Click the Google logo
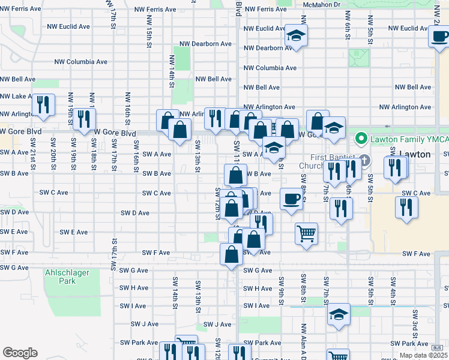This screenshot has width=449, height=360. pos(20,353)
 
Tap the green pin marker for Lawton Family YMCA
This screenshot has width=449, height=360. pos(361,139)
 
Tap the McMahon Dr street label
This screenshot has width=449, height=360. pos(322,4)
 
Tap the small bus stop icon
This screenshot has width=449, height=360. pos(437,347)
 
